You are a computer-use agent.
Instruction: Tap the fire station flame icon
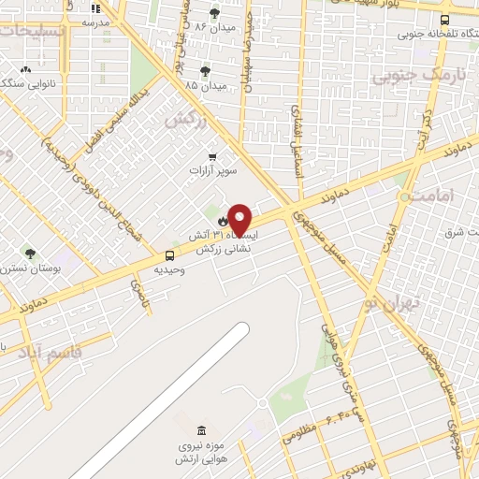coord(222,221)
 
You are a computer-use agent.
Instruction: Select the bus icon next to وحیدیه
coord(169,255)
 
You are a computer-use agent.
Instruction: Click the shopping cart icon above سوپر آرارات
coord(213,157)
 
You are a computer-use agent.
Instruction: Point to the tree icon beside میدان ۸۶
coord(215,13)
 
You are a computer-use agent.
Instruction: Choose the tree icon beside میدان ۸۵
coord(205,70)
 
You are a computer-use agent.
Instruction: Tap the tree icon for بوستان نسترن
coord(31,254)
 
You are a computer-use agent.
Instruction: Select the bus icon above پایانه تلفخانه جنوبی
coord(444,19)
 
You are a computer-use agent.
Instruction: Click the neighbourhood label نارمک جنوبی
coord(405,74)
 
